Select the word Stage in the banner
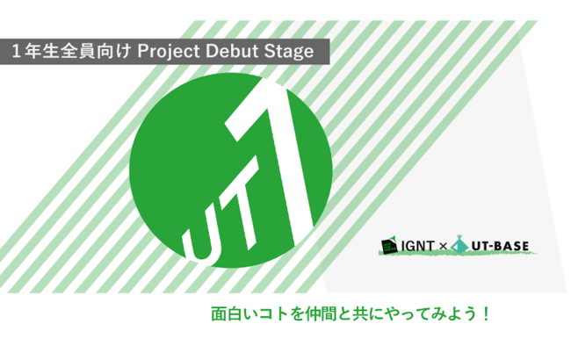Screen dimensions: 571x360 point(289,52)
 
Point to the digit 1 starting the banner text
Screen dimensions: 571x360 point(16,51)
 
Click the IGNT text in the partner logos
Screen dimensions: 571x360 point(417,247)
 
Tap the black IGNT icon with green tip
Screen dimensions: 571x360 point(389,247)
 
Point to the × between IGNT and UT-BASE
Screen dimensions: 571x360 point(443,247)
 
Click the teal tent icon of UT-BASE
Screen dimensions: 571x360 point(459,244)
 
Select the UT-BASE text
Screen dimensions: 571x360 point(500,247)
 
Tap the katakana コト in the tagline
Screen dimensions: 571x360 point(273,313)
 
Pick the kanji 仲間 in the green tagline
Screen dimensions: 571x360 point(321,313)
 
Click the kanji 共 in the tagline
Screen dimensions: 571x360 point(360,313)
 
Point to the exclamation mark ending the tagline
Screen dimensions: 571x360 point(486,313)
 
